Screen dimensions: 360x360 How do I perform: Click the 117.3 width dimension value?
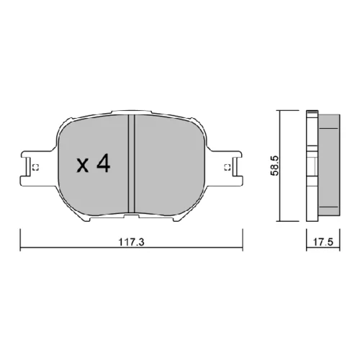(131, 242)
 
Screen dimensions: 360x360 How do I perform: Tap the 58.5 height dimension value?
(274, 166)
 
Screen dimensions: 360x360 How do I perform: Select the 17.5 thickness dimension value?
(323, 242)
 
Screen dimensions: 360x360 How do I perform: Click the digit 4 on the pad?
(104, 163)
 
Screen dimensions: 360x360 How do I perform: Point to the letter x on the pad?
(83, 166)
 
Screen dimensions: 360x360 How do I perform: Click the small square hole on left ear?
(35, 167)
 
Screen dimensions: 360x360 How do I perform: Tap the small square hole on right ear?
(228, 167)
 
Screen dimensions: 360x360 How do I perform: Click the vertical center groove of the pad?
(132, 163)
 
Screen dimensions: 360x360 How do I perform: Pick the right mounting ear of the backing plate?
(225, 168)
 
